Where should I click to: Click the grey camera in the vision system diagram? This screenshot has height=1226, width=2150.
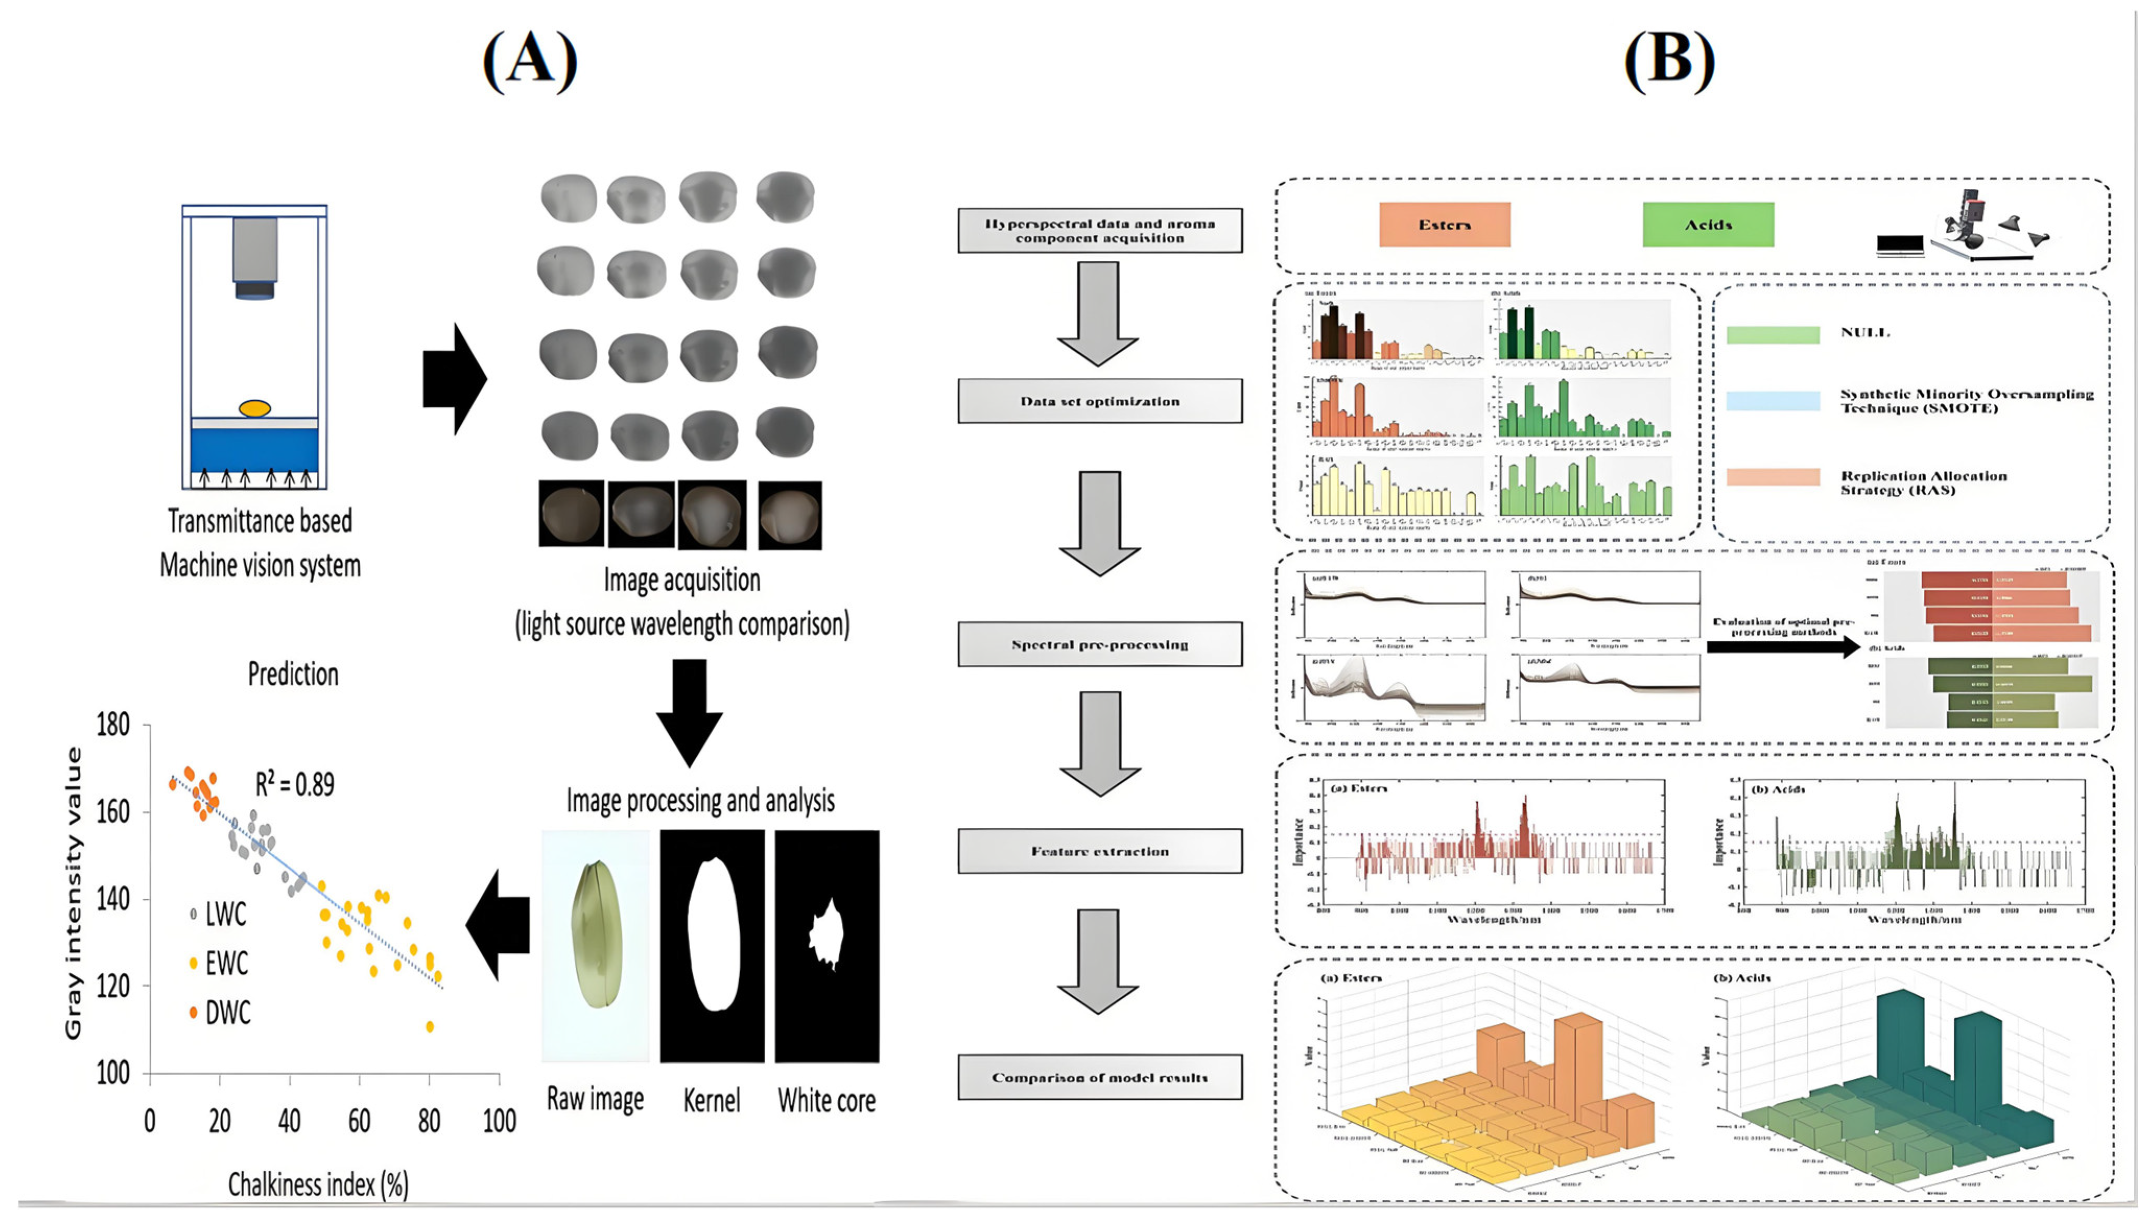254,253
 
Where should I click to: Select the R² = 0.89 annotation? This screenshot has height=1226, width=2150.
295,785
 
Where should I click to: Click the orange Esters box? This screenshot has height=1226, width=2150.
1444,225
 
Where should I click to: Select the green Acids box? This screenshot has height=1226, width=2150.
1708,225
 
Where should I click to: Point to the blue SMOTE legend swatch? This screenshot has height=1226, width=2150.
1773,401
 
